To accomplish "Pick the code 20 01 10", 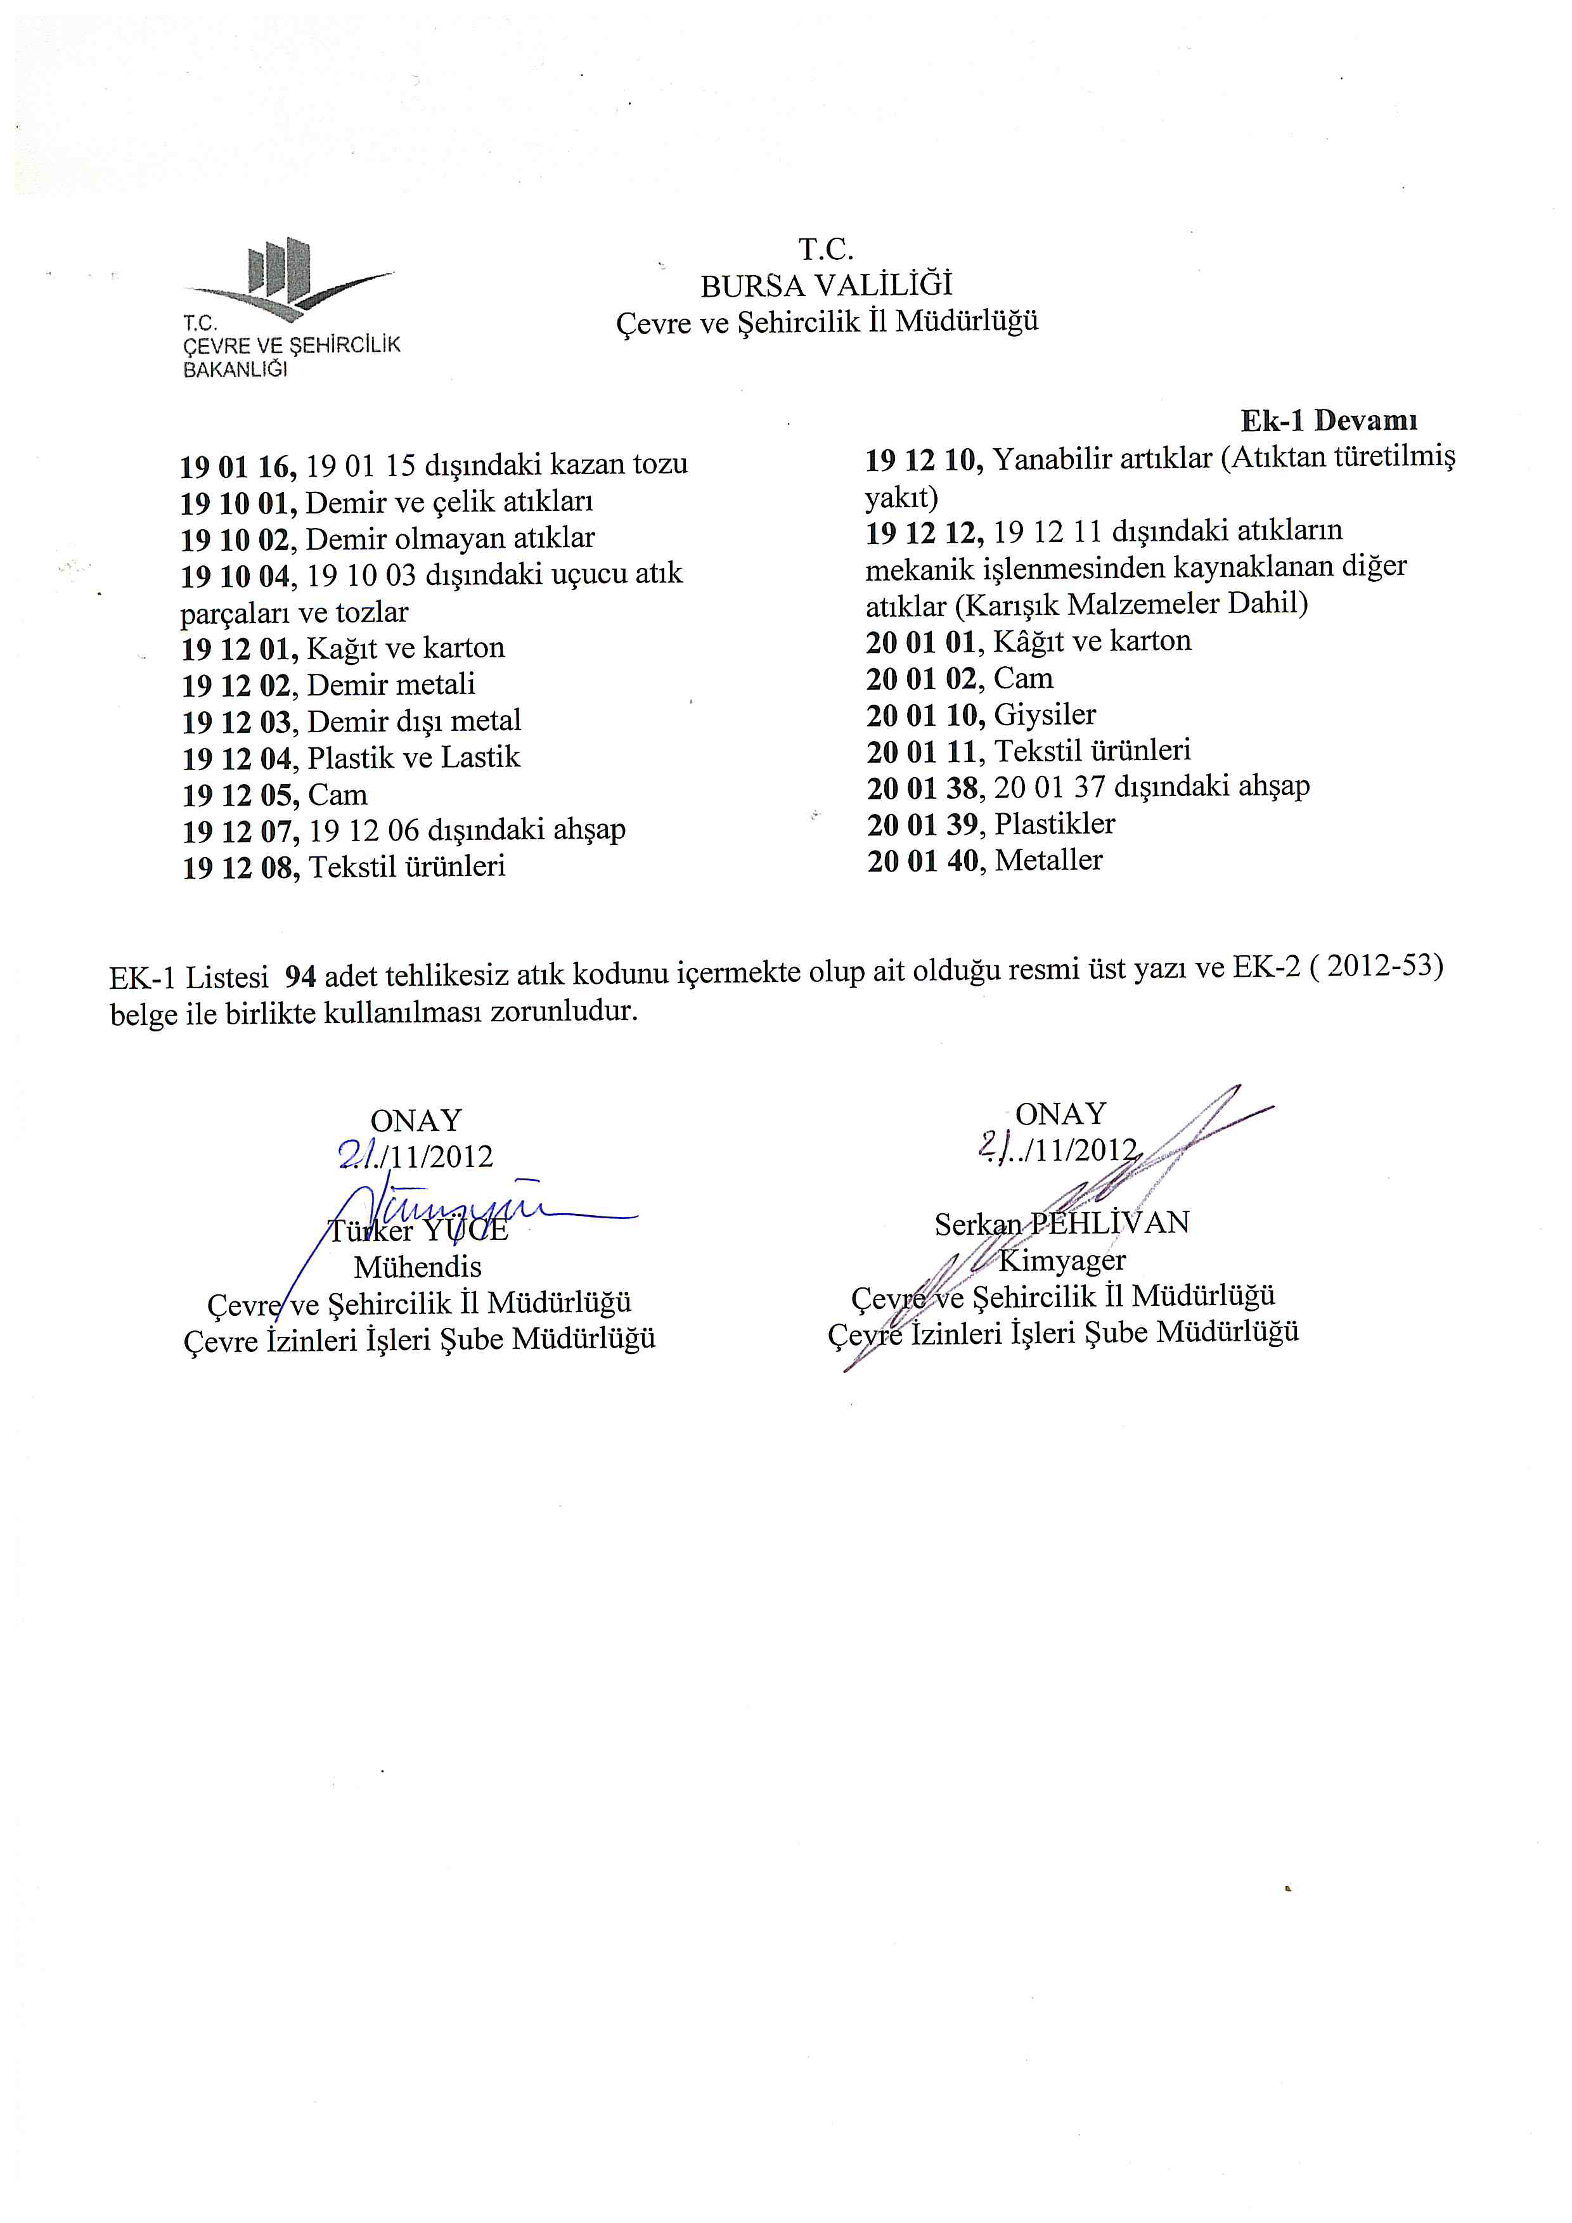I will pos(924,716).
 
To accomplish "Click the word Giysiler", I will pos(1045,716).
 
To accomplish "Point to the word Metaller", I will pos(1048,861).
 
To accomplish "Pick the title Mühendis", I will pos(417,1267).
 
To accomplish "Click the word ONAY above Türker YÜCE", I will pos(416,1121).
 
